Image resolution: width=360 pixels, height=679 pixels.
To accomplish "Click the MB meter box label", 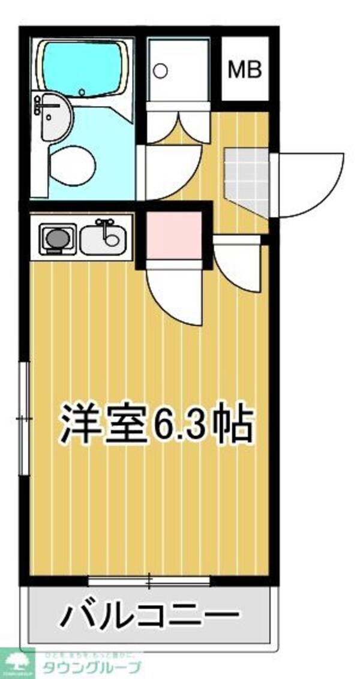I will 245,70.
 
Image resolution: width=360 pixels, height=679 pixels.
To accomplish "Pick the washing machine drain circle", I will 160,71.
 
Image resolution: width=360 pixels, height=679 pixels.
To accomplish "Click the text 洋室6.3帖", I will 155,425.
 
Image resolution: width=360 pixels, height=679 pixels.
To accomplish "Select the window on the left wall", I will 24,417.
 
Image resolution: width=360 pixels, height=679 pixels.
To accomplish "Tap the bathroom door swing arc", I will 174,174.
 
